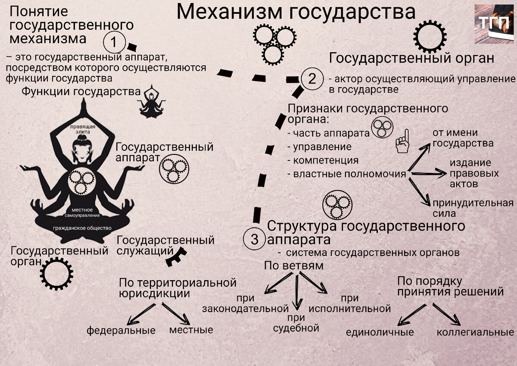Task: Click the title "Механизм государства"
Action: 296,13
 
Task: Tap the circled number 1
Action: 114,43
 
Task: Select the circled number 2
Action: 311,79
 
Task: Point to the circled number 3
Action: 255,239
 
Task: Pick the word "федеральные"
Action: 121,331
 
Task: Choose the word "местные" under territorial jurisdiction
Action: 191,330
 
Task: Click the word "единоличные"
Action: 380,332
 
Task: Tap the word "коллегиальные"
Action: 475,332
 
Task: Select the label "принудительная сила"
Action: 472,208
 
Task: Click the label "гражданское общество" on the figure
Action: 82,228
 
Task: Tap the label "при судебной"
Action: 296,323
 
